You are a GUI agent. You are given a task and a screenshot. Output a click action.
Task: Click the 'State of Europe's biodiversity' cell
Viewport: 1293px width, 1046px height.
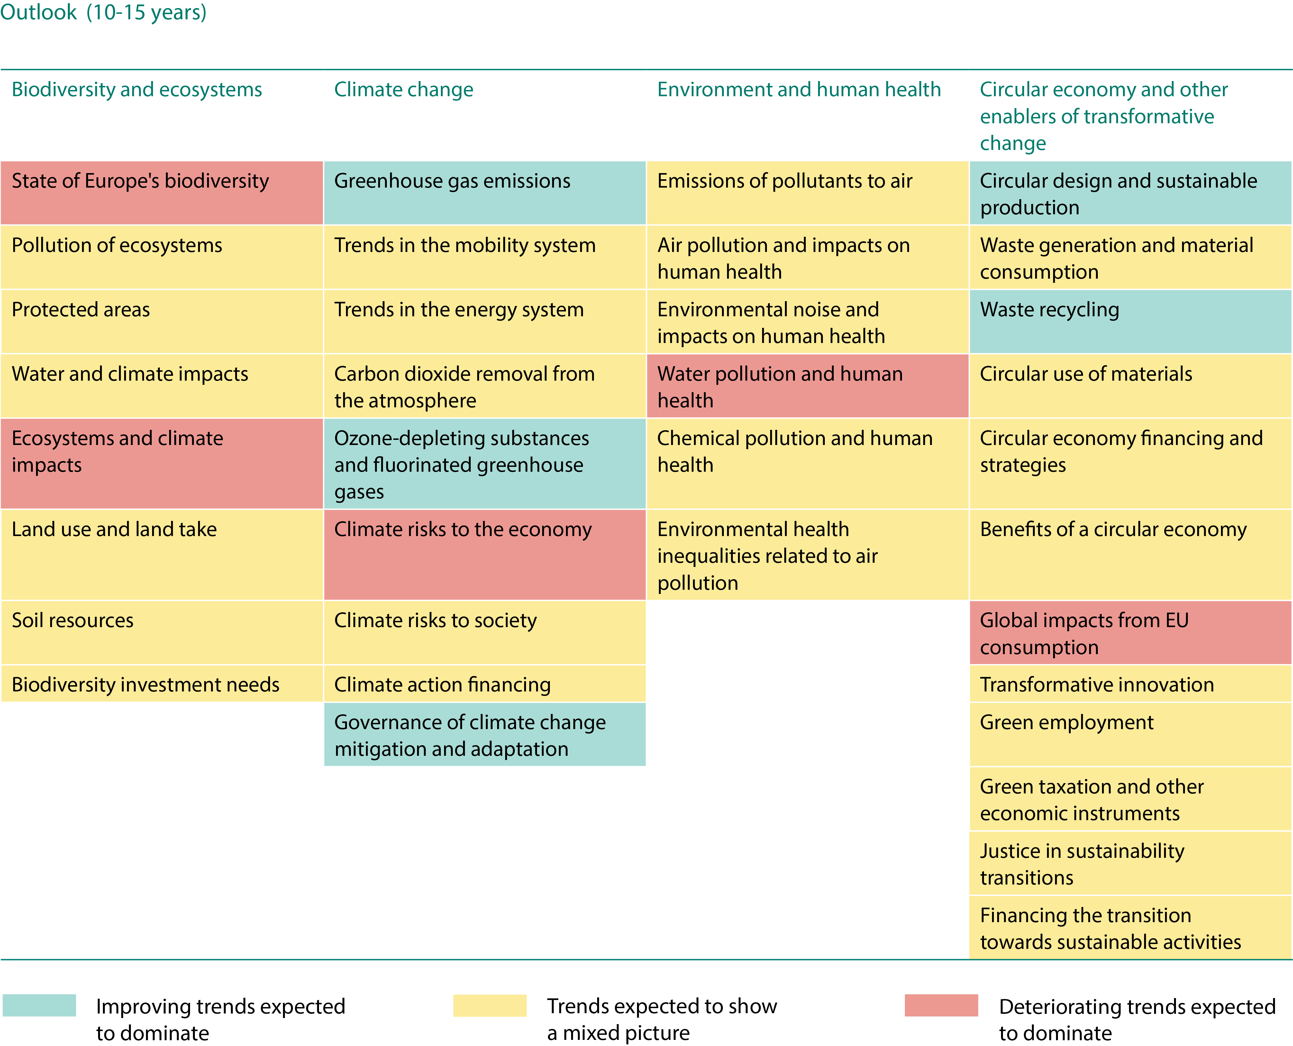click(x=161, y=193)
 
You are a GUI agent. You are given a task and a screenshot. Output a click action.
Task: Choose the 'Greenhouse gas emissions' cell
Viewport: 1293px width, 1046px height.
click(x=484, y=193)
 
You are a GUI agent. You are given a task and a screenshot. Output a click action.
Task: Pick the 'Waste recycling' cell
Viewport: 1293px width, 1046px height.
click(x=1130, y=321)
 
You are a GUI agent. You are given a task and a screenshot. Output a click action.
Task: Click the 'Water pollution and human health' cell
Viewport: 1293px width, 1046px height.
click(x=807, y=386)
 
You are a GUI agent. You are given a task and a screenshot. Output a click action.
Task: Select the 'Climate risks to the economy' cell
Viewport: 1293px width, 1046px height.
click(x=484, y=554)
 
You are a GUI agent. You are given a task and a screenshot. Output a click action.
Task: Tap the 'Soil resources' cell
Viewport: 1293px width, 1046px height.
click(x=161, y=632)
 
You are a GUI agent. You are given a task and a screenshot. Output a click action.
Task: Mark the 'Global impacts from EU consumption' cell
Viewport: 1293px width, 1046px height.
click(x=1130, y=633)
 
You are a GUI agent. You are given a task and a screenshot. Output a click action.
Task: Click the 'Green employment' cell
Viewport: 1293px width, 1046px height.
click(x=1130, y=734)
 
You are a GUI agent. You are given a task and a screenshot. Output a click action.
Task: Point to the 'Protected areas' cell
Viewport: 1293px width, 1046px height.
click(x=161, y=321)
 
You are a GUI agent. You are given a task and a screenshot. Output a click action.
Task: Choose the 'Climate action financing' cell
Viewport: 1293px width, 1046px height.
click(x=484, y=684)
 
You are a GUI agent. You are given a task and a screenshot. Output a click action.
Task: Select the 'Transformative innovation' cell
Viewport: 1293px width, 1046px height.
click(x=1130, y=684)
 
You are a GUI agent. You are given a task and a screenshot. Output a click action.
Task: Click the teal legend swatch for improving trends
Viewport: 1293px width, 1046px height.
click(x=39, y=1005)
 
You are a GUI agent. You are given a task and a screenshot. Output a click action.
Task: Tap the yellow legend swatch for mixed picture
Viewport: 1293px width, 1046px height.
click(x=490, y=1005)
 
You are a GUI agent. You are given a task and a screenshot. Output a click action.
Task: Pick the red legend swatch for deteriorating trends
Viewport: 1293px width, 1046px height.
click(x=941, y=1005)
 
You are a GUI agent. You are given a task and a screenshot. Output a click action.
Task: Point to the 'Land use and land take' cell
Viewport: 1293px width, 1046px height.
click(x=161, y=554)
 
